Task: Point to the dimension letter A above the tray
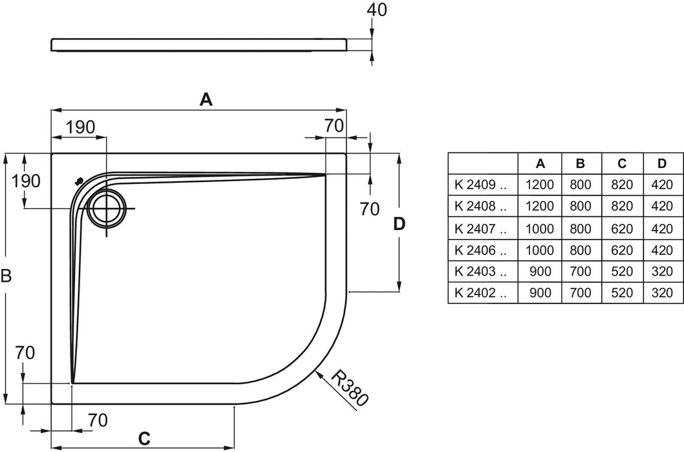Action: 206,99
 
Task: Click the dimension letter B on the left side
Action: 6,276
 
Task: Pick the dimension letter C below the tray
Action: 144,438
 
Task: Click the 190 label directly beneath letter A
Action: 80,127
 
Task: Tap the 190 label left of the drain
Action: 27,181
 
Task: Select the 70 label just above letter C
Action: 97,420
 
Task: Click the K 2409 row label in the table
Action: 480,185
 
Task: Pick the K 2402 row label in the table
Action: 480,293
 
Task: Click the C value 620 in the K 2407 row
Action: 621,228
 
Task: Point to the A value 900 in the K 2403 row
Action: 540,271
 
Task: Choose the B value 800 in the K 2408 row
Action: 581,207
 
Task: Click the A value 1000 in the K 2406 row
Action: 540,250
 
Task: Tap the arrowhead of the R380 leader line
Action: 318,373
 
